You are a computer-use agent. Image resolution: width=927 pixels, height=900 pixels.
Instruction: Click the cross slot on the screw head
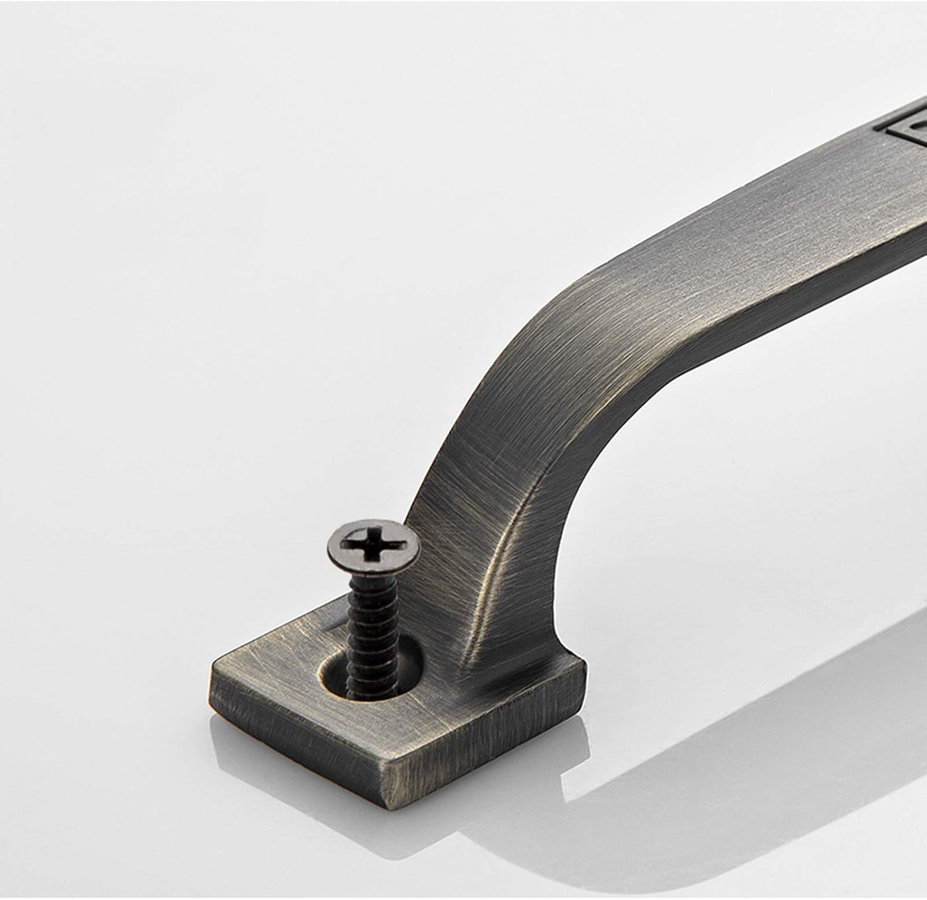click(374, 545)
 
